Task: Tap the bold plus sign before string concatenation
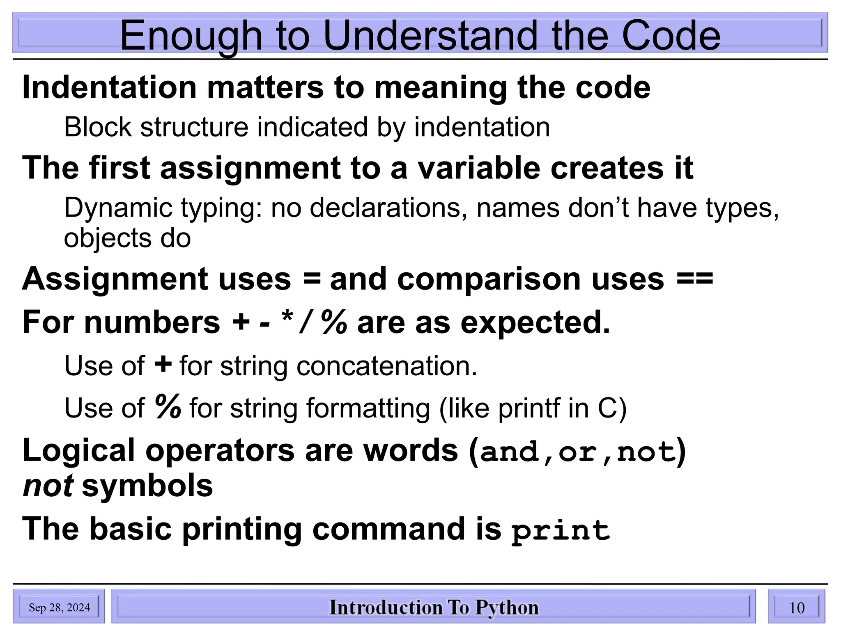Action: (x=163, y=365)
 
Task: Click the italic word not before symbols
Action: (x=48, y=486)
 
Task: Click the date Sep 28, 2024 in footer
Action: (x=59, y=607)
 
